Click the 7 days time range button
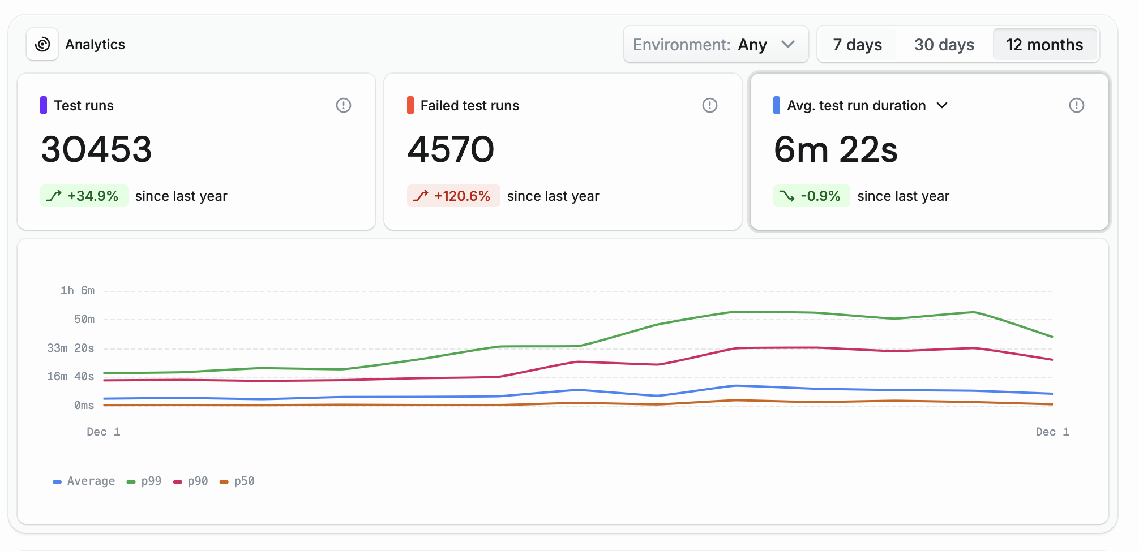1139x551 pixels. coord(857,45)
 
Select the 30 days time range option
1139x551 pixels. coord(944,45)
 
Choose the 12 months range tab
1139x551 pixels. coord(1044,45)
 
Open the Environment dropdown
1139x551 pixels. coord(716,45)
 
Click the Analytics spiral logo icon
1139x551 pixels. coord(42,44)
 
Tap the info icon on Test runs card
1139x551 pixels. coord(344,105)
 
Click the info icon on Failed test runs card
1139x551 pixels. coord(710,105)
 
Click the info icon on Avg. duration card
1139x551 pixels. coord(1076,105)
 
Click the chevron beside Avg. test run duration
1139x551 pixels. coord(942,105)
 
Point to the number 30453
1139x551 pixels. coord(97,149)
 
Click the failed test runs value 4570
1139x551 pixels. coord(451,149)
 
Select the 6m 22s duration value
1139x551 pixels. coord(836,149)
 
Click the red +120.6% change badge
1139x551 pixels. coord(453,196)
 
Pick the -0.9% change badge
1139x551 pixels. coord(811,196)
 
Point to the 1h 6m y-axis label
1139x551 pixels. coord(78,290)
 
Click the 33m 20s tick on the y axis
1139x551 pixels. coord(71,348)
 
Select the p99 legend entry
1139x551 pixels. coord(145,481)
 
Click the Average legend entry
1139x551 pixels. coord(84,481)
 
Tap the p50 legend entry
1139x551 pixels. coord(238,481)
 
